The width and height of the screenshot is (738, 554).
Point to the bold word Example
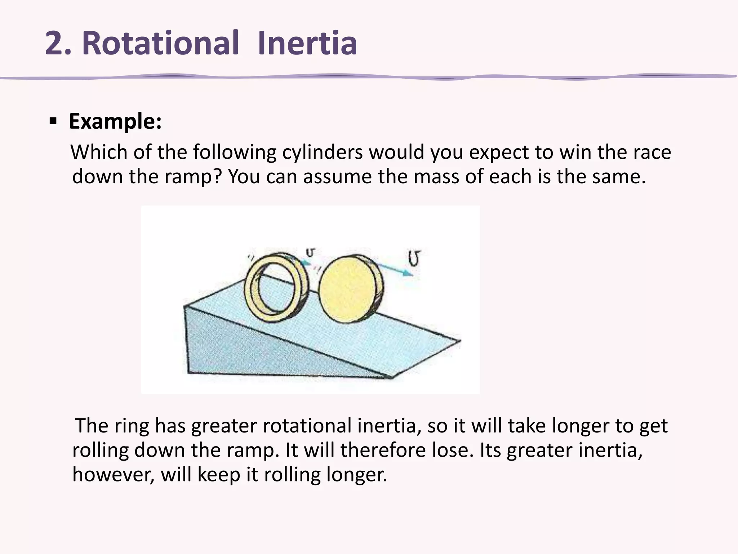pyautogui.click(x=115, y=122)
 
